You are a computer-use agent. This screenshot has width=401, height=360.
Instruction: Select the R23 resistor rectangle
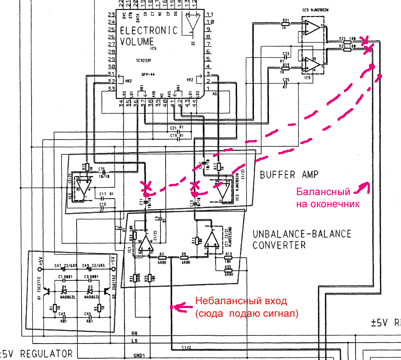click(x=347, y=42)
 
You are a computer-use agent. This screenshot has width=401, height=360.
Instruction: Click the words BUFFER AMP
click(x=289, y=175)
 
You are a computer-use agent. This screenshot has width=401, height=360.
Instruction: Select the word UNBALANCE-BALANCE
click(x=302, y=234)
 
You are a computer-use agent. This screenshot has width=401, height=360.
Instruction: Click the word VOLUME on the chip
click(x=137, y=42)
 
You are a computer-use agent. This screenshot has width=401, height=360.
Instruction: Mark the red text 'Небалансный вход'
click(x=241, y=301)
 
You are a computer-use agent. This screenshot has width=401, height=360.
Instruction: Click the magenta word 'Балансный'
click(x=322, y=192)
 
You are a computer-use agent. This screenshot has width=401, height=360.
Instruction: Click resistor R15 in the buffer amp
click(x=87, y=167)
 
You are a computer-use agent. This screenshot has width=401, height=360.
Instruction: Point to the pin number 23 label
click(x=111, y=15)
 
